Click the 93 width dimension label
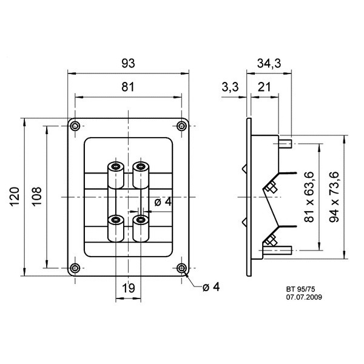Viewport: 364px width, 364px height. click(x=128, y=63)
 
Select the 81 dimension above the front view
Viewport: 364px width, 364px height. click(x=128, y=87)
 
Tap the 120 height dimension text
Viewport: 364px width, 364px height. click(x=15, y=197)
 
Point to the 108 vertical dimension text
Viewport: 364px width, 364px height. click(x=36, y=197)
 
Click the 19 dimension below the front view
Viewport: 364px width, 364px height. click(x=128, y=288)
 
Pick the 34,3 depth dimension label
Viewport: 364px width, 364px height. click(x=269, y=63)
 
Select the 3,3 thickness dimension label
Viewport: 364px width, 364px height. click(x=230, y=87)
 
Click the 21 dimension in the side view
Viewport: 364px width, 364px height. click(x=264, y=87)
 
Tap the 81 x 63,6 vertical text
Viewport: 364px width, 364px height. click(x=309, y=197)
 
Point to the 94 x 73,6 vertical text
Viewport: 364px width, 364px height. click(x=334, y=197)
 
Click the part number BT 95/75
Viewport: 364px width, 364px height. click(x=301, y=289)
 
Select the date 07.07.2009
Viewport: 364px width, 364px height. click(x=304, y=297)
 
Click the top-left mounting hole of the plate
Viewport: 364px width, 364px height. click(x=75, y=126)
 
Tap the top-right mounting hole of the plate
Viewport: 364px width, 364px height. click(x=181, y=126)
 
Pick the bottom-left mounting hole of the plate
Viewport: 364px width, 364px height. click(x=75, y=268)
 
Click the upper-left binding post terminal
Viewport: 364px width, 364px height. click(x=116, y=175)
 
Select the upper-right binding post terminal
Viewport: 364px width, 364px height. click(x=141, y=175)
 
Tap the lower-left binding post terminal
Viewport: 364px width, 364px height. click(x=116, y=229)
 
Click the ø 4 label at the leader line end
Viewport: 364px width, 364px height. click(x=211, y=287)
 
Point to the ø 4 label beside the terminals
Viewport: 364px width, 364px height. click(x=163, y=202)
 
